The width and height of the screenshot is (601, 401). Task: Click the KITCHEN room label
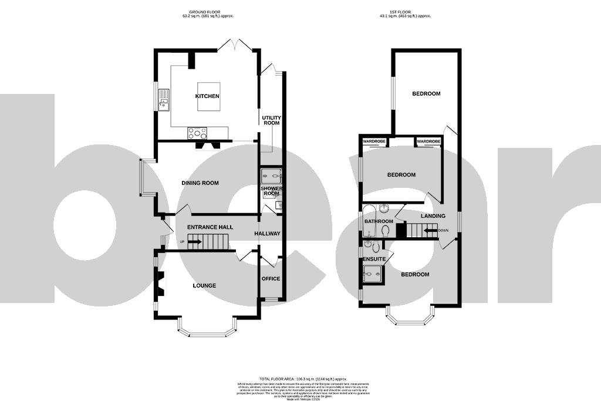[207, 96]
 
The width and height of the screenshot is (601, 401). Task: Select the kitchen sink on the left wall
[163, 103]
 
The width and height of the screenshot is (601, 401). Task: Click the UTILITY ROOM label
[271, 120]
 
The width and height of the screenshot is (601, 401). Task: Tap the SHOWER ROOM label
[271, 190]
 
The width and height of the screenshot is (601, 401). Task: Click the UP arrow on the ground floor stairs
[195, 242]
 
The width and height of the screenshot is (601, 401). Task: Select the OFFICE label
[271, 278]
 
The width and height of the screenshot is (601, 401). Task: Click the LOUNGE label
[204, 286]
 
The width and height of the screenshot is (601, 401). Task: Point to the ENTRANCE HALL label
[210, 227]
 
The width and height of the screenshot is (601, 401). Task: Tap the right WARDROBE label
[428, 141]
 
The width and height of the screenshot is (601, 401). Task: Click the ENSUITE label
[374, 259]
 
